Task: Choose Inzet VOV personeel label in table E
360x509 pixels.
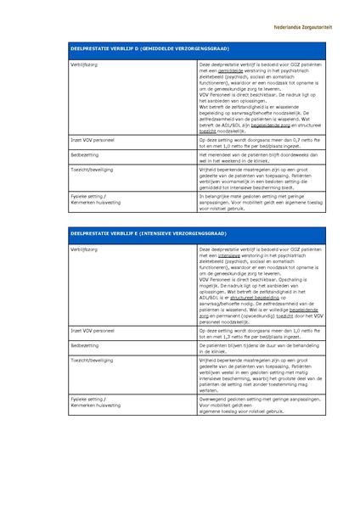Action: (x=94, y=330)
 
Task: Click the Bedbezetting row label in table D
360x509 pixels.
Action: (x=86, y=156)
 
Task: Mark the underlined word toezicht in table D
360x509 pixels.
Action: (x=209, y=127)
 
